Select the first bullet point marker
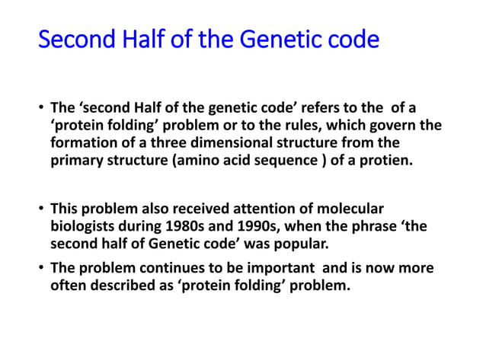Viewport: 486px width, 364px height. point(41,108)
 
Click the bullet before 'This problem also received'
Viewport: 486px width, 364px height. point(41,209)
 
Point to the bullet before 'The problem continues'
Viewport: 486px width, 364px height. point(41,269)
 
